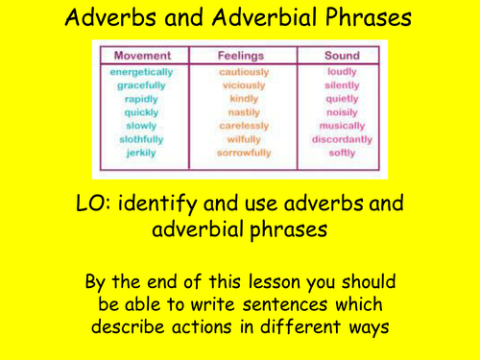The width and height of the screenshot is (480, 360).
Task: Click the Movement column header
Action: tap(143, 56)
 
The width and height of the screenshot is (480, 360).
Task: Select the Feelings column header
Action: tap(241, 56)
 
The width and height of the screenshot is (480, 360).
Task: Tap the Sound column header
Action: tap(342, 56)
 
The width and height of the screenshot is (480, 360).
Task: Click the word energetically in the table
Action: tap(141, 72)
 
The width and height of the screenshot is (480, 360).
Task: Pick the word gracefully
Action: tap(141, 85)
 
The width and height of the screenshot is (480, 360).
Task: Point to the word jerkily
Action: tap(141, 153)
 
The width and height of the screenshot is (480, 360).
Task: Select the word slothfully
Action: tap(141, 139)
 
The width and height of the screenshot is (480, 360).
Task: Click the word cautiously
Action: tap(244, 72)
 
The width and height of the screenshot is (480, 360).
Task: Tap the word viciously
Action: tap(244, 85)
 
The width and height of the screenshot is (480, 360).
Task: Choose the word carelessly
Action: tap(244, 126)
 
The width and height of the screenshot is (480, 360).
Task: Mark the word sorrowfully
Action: tap(244, 153)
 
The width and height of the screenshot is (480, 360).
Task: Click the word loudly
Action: tap(342, 72)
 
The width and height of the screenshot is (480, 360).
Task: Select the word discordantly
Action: tap(342, 139)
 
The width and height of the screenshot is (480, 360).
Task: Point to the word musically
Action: tap(342, 126)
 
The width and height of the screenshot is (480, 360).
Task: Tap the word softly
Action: tap(342, 153)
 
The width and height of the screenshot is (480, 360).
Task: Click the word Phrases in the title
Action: tap(368, 17)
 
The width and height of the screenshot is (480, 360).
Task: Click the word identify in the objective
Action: tap(157, 204)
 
